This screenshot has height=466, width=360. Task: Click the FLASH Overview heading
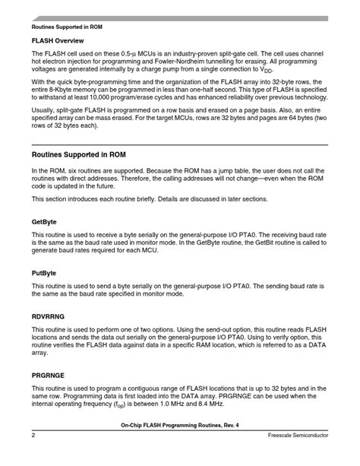point(57,40)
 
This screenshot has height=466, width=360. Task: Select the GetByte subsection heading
point(44,222)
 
